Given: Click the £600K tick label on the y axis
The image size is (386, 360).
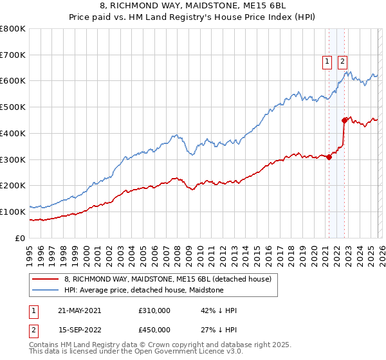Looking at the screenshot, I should [13, 81].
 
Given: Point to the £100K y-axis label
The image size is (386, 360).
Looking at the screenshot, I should [13, 212].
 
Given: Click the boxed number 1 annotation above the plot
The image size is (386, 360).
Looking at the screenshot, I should [327, 62].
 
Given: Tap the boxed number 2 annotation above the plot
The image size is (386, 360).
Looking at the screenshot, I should [342, 62].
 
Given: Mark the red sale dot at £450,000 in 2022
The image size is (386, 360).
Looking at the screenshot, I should [344, 120].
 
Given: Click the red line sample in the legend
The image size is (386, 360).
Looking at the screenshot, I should [46, 279].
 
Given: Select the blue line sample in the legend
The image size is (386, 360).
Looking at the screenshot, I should [46, 290].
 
